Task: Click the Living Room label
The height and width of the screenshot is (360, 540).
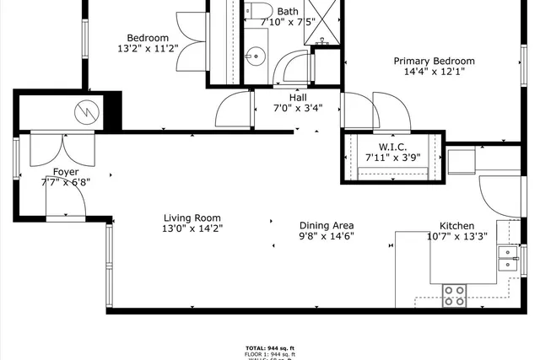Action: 192,217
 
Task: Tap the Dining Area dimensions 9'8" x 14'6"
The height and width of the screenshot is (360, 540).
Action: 327,236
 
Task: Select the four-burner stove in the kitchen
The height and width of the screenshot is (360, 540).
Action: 456,295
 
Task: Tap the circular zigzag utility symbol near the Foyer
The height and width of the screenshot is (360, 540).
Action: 85,111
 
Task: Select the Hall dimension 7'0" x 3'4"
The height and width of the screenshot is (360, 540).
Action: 297,108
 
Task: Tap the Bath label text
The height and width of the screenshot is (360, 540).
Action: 288,11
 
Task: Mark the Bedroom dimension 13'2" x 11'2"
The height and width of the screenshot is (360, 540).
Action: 148,49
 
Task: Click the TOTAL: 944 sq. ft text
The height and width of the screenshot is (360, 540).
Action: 270,347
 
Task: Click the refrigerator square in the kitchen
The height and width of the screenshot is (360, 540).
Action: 462,159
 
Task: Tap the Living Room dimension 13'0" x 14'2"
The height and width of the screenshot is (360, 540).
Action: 192,228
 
